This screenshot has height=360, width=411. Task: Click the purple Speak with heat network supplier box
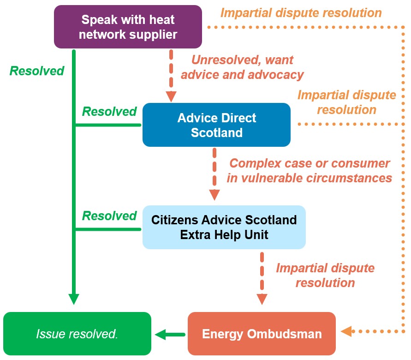(x=128, y=27)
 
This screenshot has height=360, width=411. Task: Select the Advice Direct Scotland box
(x=216, y=125)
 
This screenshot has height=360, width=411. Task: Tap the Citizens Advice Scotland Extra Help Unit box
(x=224, y=227)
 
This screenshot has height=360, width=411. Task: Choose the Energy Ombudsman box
(x=262, y=334)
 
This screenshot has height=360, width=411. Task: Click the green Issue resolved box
(x=77, y=334)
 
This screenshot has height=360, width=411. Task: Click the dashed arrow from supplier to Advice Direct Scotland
(x=171, y=74)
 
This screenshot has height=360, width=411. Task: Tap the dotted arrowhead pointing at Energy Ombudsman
(x=346, y=331)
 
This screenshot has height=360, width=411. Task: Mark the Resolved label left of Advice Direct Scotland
(x=109, y=112)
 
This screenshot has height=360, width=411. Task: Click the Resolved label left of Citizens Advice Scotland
(x=109, y=216)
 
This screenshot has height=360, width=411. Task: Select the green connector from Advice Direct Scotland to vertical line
(x=107, y=125)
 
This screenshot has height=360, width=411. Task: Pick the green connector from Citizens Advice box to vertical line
(x=107, y=229)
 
